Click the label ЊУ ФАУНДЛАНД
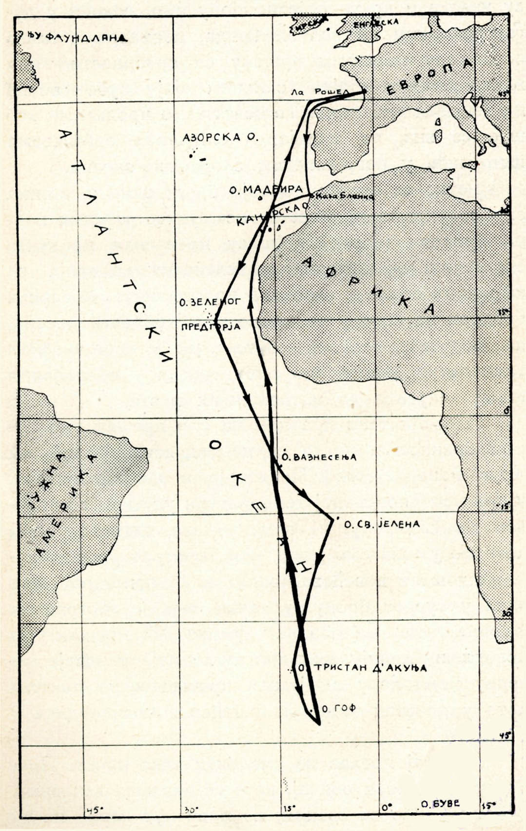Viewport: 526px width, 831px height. coord(74,37)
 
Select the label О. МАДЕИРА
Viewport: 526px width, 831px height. coord(266,189)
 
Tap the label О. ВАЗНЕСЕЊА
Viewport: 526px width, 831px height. coord(319,457)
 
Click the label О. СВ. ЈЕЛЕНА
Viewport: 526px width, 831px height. coord(382,524)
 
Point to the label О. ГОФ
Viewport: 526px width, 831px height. coord(339,708)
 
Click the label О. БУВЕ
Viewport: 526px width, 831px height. coord(440,804)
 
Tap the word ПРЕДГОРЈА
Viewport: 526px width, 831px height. coord(211,326)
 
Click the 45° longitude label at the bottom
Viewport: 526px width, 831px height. coord(94,810)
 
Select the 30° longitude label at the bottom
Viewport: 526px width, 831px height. coord(191,810)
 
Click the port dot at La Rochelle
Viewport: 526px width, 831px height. coord(364,92)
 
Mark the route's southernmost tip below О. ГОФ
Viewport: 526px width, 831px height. coord(319,724)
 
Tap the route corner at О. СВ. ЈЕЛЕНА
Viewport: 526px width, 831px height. coord(332,520)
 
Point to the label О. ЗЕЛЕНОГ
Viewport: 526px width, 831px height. coord(210,302)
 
